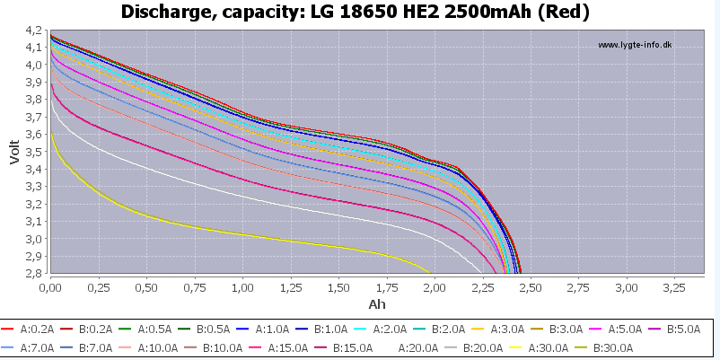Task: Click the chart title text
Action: click(x=359, y=12)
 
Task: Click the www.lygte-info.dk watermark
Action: click(x=635, y=45)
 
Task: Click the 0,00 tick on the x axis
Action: click(x=51, y=288)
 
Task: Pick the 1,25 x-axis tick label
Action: click(x=291, y=288)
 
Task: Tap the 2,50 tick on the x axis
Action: click(x=531, y=288)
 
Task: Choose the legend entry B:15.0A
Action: click(x=354, y=348)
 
